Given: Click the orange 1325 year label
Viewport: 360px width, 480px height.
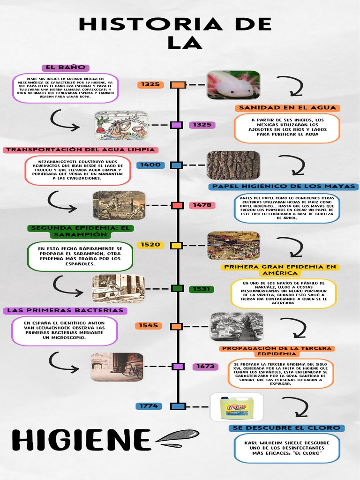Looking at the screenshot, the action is click(x=150, y=85).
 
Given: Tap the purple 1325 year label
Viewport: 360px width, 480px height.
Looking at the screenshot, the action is click(x=202, y=125).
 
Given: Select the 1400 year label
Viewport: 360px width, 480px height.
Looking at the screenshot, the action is click(x=149, y=165).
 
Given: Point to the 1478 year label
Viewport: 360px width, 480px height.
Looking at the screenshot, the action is click(x=202, y=205).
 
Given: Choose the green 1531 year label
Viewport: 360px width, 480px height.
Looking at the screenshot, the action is click(x=202, y=289).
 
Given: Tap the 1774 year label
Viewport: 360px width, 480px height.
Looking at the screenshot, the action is click(x=149, y=406).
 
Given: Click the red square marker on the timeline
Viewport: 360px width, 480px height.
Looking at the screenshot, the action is click(x=177, y=205).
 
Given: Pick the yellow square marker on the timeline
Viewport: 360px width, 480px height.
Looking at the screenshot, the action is click(x=177, y=245).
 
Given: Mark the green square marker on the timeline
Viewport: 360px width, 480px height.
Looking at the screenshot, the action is click(x=177, y=288).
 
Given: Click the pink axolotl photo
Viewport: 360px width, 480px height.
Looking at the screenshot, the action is click(x=233, y=85).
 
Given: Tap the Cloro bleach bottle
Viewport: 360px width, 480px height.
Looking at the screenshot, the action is click(x=237, y=406).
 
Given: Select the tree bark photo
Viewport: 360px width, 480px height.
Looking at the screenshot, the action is click(x=233, y=165).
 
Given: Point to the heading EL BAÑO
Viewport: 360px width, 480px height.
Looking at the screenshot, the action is click(x=65, y=68).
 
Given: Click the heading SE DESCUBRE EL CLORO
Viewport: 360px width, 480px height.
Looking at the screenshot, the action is click(x=287, y=428).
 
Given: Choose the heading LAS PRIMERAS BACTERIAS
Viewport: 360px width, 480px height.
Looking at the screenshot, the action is click(x=65, y=310).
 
